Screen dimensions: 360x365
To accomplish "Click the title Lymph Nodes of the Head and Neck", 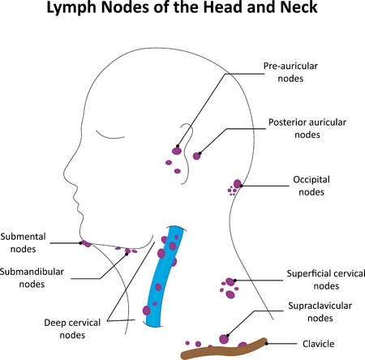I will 182,13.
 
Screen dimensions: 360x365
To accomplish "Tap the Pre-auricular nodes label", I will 289,74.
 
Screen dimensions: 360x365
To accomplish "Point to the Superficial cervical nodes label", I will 324,279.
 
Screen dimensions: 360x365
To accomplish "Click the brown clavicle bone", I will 223,349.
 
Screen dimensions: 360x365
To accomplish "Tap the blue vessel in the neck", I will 161,276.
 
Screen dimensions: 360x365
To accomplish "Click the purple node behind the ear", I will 196,155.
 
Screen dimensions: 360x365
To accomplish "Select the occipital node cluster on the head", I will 236,186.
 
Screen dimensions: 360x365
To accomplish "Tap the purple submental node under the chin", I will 84,243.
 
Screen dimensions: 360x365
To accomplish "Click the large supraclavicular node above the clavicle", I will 223,336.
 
